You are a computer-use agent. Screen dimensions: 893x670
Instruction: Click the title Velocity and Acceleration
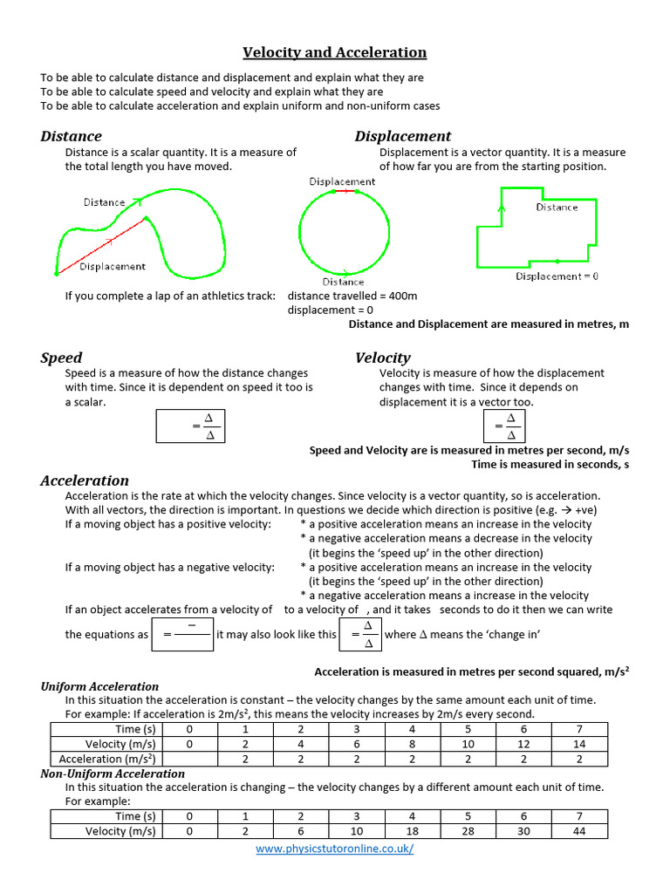(x=334, y=52)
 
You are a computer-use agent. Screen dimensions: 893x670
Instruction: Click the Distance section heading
(x=71, y=136)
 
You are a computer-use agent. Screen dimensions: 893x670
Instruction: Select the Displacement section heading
(x=402, y=136)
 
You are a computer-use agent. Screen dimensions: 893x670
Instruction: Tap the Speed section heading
(x=61, y=358)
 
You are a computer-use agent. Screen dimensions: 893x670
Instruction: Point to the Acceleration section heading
(x=85, y=481)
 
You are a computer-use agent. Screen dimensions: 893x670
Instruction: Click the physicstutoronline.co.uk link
(x=334, y=849)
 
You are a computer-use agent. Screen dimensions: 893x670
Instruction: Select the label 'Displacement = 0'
(x=557, y=276)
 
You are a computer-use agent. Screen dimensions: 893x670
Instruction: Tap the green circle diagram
(x=344, y=232)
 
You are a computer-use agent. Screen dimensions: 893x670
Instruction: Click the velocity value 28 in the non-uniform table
(x=468, y=831)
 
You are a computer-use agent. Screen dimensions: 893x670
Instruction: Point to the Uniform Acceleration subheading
(x=99, y=686)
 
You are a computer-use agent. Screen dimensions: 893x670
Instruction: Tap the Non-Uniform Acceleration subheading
(x=113, y=774)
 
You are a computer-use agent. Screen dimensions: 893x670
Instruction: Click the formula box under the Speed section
(x=189, y=426)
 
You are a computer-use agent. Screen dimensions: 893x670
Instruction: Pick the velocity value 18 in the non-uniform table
(x=413, y=831)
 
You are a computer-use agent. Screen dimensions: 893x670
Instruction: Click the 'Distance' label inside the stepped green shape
(x=557, y=208)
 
